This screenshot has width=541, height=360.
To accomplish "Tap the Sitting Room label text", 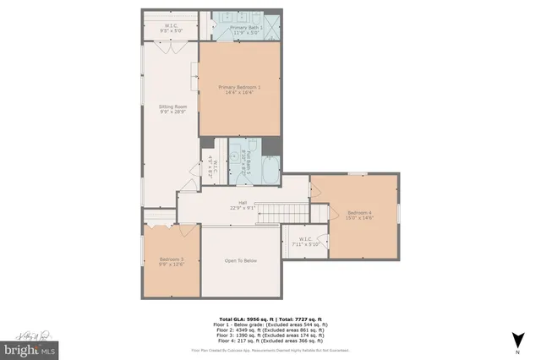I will (x=171, y=106).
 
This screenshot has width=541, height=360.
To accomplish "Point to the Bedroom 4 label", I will (x=358, y=212).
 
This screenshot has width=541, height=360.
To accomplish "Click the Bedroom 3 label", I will (x=171, y=259).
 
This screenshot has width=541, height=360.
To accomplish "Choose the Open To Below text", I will (x=240, y=260).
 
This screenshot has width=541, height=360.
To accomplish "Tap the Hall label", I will (x=243, y=202).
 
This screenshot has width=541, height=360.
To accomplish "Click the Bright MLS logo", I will (x=30, y=347).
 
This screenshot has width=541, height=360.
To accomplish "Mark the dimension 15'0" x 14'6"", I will (x=358, y=218).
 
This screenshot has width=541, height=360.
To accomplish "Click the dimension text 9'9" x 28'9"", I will (x=171, y=112).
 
